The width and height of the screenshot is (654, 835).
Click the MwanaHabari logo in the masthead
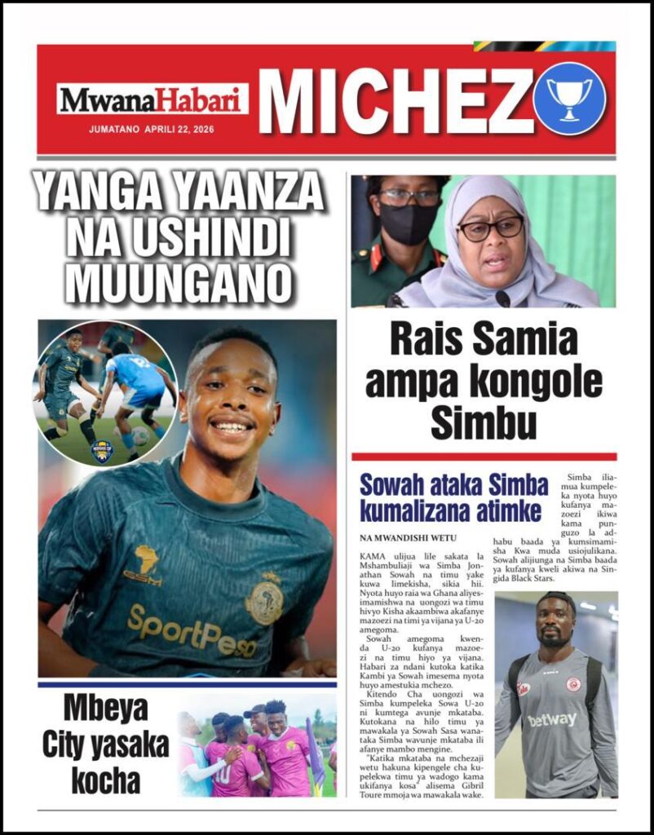(152, 100)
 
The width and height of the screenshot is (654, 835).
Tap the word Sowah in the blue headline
(395, 485)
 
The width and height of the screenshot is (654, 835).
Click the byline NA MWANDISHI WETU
(409, 538)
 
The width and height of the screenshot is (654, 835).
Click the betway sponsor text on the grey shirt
(551, 719)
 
